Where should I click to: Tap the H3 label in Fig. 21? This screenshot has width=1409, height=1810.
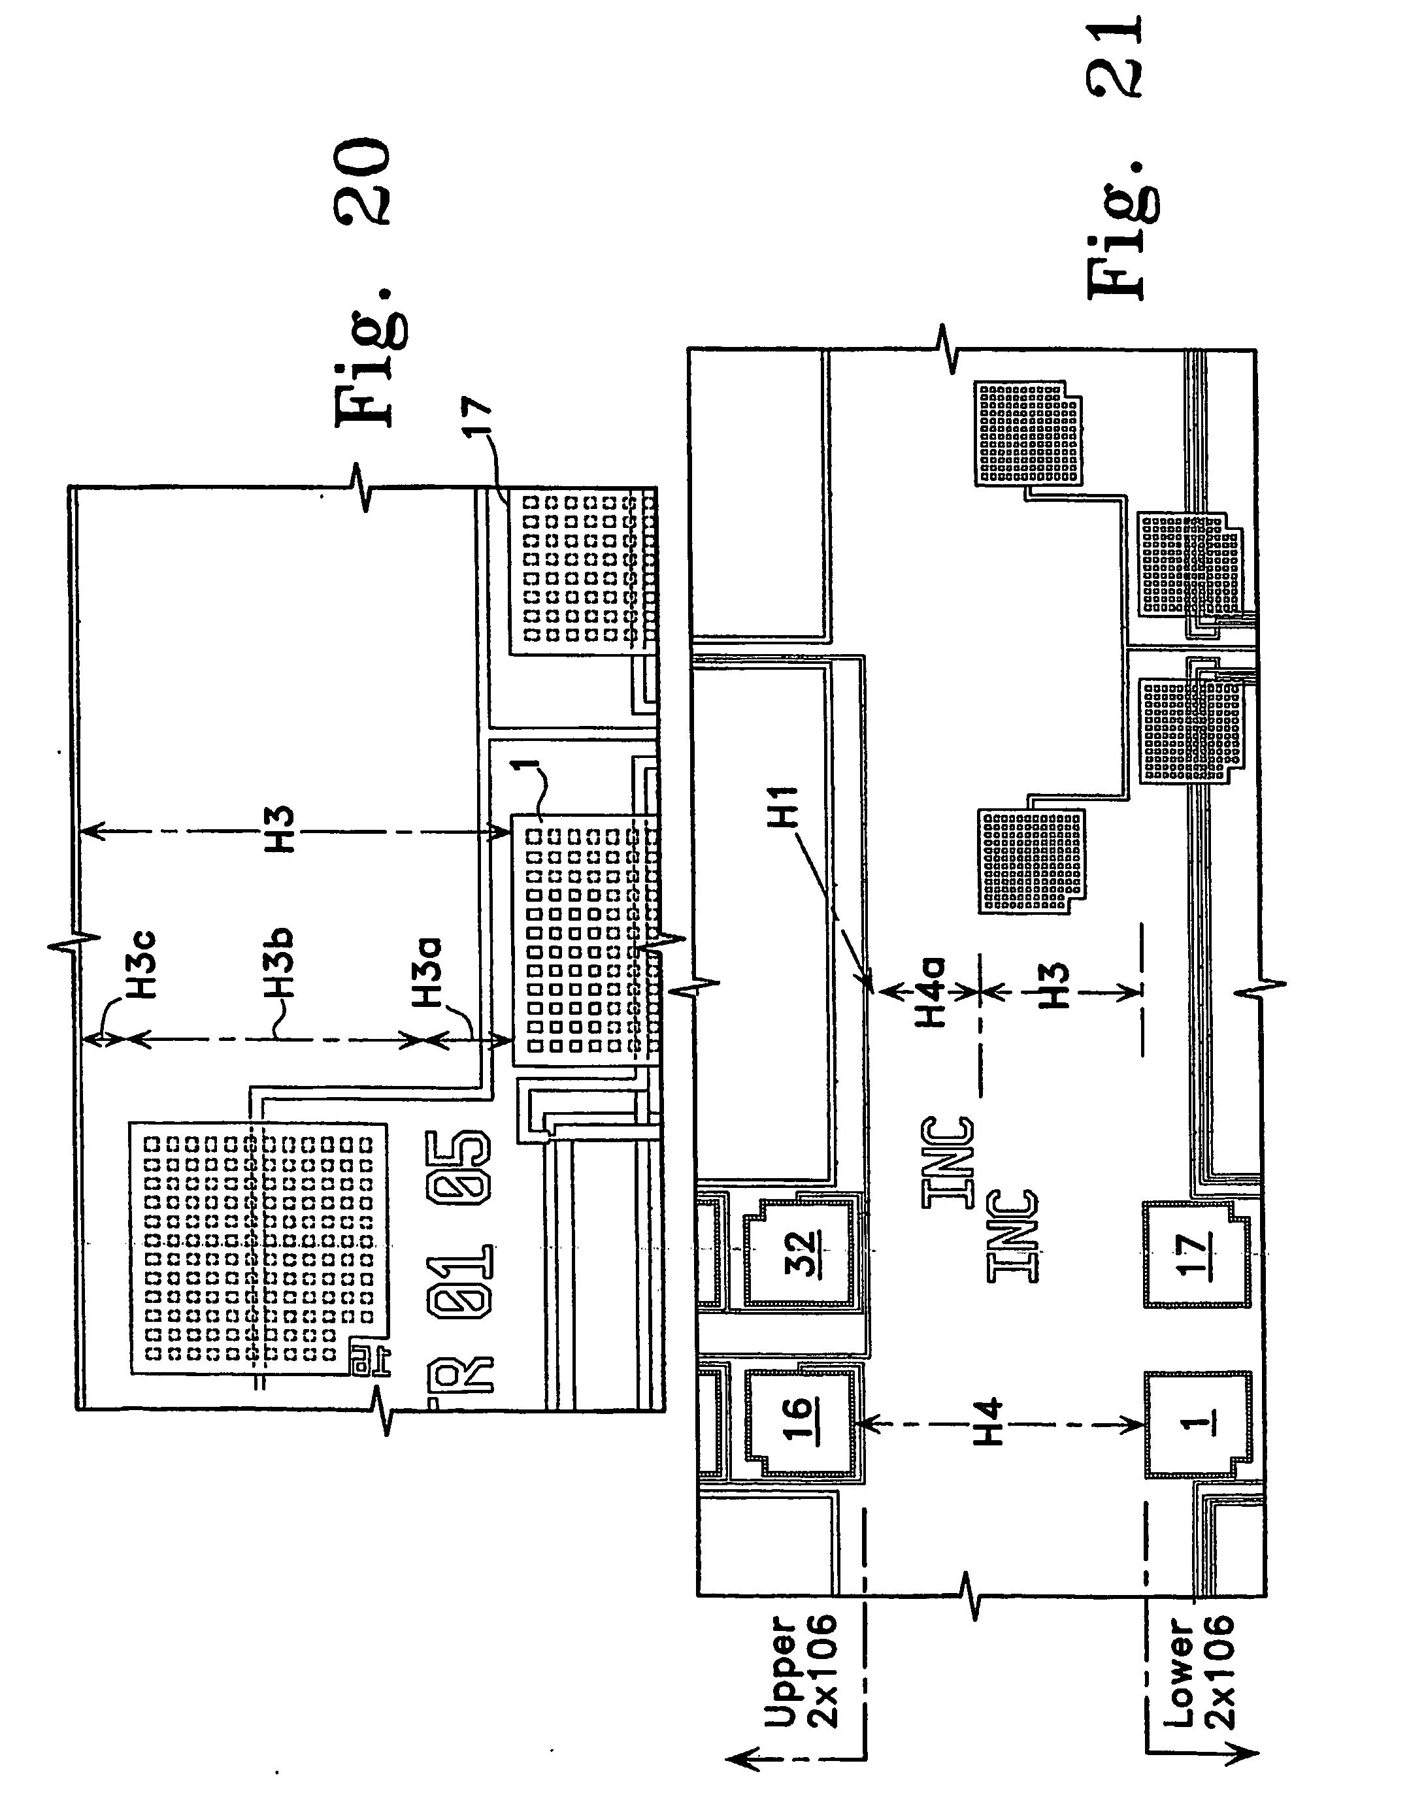click(x=1053, y=986)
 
